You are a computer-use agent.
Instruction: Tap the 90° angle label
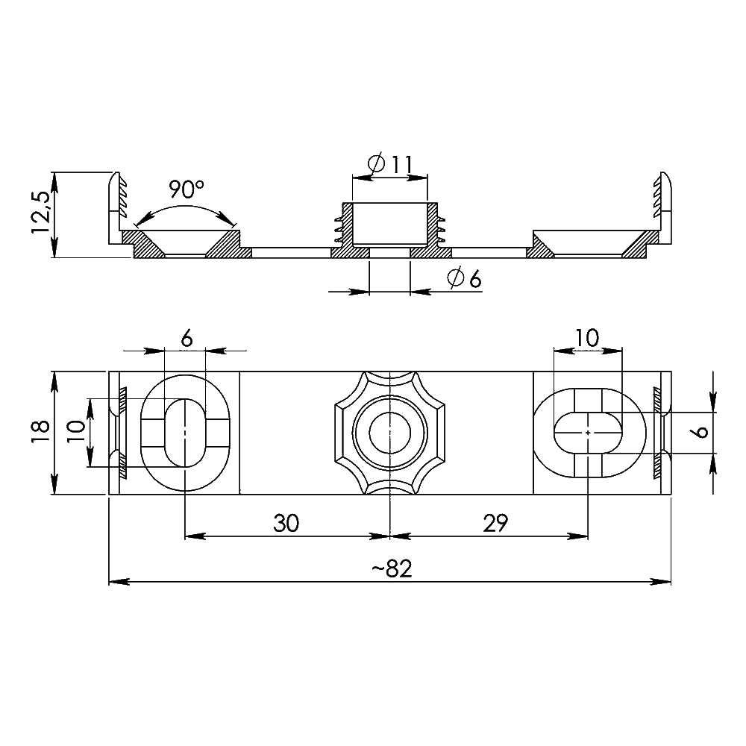(x=186, y=189)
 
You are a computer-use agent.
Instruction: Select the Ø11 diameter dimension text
(x=391, y=163)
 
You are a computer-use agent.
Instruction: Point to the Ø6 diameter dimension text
(x=464, y=279)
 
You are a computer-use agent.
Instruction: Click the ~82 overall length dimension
(x=391, y=568)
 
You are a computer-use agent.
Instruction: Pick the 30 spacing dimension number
(x=286, y=524)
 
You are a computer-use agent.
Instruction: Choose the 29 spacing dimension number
(x=495, y=524)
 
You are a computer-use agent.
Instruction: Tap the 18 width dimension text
(x=41, y=432)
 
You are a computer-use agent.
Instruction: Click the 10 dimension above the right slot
(x=587, y=338)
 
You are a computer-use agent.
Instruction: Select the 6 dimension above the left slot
(x=186, y=338)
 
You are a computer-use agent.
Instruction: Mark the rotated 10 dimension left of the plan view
(x=75, y=432)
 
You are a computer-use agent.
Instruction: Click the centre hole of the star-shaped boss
(x=390, y=432)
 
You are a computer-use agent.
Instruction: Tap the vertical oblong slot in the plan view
(x=184, y=432)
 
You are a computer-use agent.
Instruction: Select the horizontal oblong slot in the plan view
(x=589, y=432)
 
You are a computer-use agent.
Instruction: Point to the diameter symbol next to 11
(x=377, y=163)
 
